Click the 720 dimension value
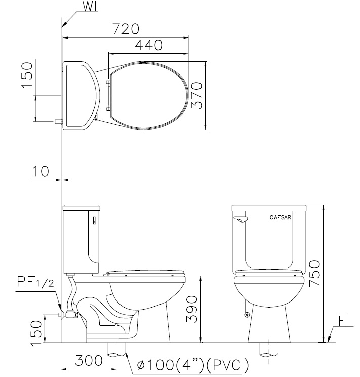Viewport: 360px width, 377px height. (126, 29)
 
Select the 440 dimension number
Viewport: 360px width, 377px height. (148, 45)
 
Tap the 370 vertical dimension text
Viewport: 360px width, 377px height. (196, 95)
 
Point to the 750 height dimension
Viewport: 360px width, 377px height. (314, 273)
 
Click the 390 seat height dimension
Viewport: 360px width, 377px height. (192, 309)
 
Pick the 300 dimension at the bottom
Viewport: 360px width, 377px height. (89, 360)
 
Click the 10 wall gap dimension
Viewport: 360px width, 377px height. (40, 171)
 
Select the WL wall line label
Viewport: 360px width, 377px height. (92, 7)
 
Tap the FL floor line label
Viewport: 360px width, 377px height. (346, 322)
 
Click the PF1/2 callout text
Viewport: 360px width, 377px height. (35, 282)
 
